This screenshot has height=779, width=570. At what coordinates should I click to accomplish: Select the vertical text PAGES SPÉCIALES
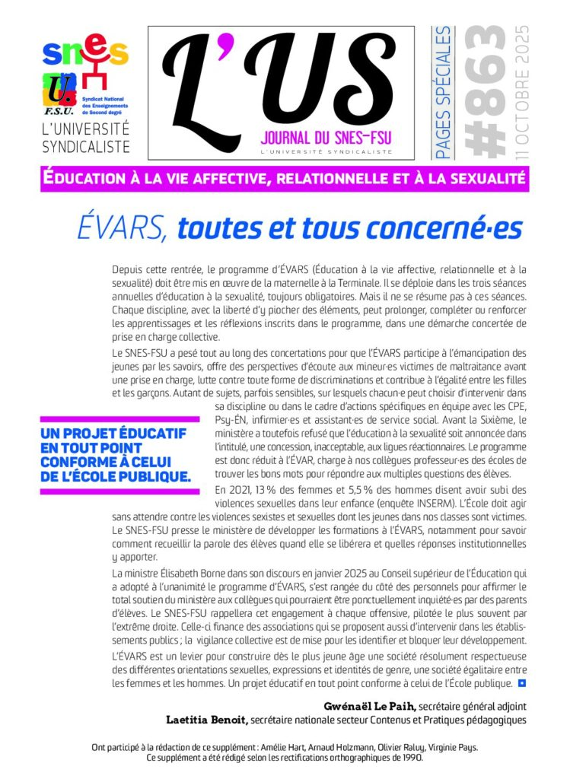point(442,94)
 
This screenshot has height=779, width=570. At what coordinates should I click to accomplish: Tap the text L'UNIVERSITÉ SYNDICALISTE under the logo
point(85,138)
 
